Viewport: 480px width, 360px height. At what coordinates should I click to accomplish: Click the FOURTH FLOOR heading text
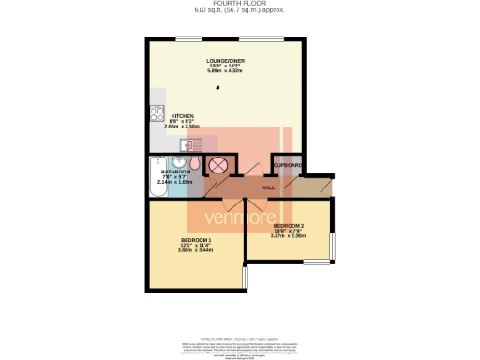point(240,4)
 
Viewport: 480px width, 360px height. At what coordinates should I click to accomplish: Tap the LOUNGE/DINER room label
point(225,61)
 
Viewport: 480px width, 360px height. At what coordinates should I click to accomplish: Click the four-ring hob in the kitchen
point(157,116)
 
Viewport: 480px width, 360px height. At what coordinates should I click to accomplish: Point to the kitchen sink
point(192,143)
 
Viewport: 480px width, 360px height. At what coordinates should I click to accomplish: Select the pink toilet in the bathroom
point(193,162)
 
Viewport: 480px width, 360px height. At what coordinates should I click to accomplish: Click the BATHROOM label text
point(176,172)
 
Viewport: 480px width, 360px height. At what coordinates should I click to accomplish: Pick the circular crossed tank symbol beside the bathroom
point(218,166)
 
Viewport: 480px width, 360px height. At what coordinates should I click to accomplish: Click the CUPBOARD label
point(288,166)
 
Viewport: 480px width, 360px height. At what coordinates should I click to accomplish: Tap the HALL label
point(267,188)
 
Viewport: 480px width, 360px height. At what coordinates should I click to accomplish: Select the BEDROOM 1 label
point(197,240)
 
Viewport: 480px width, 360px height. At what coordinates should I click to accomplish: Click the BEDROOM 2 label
point(289,226)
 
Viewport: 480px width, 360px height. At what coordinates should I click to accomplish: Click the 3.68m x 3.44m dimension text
point(197,251)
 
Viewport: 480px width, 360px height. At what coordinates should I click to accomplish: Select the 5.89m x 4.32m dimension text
point(225,72)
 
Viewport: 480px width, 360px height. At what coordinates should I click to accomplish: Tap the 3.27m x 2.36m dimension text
point(289,237)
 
